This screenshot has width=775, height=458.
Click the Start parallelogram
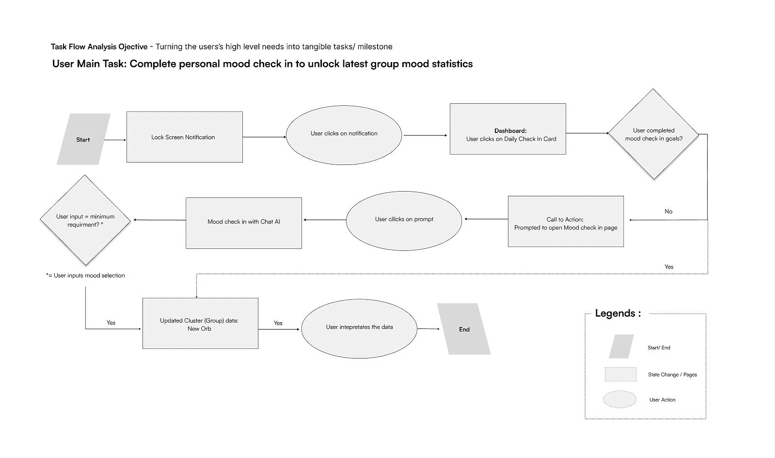tap(83, 139)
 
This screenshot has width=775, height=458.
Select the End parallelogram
tap(464, 329)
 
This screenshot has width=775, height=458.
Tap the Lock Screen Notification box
tap(184, 137)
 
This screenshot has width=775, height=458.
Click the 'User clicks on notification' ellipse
tap(344, 133)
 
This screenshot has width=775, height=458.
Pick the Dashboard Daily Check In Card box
tap(507, 129)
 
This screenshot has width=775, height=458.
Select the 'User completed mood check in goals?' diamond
tap(653, 134)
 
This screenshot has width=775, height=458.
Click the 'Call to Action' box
tap(566, 222)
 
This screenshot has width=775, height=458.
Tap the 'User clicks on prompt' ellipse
tap(404, 220)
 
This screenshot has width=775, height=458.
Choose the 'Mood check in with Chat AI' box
tap(244, 223)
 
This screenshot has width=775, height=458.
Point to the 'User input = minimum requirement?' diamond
tap(85, 220)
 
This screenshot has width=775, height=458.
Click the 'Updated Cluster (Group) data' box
tap(200, 323)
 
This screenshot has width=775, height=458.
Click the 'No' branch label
tap(668, 212)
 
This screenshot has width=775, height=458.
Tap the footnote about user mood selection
tap(86, 276)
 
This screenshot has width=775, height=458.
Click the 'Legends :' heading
tap(617, 313)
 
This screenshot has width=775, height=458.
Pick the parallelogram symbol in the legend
tap(621, 346)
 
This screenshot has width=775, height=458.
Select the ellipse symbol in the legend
tap(619, 399)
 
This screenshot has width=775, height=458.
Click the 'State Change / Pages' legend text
tap(672, 375)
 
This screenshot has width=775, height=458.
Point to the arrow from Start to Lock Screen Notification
tap(115, 140)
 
